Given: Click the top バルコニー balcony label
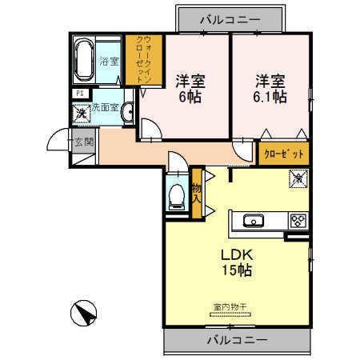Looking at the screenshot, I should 230,17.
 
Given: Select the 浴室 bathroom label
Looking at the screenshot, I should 108,60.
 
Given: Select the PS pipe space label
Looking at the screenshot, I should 80,93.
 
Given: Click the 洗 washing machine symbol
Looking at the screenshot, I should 82,112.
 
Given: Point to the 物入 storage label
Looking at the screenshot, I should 198,191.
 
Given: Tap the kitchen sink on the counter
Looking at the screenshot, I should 253,221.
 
